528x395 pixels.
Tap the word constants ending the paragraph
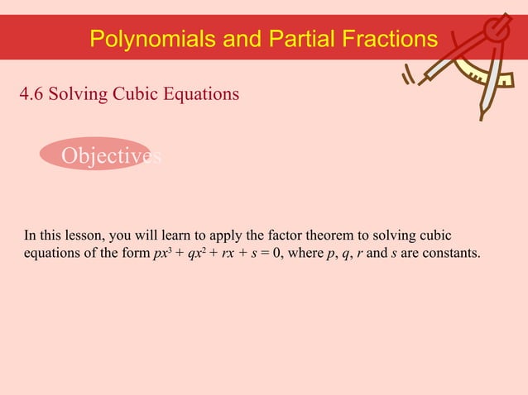click(451, 252)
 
